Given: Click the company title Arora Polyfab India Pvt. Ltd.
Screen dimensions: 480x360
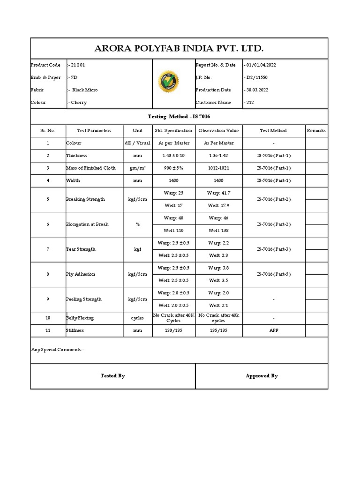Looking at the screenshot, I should coord(180,48).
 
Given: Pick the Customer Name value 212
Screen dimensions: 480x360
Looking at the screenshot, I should coord(249,102).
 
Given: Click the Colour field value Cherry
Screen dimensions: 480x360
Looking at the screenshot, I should coord(77,102).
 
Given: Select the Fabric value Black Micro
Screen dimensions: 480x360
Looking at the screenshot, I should coord(83,90).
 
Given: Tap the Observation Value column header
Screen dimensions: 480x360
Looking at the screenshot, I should coord(218,130).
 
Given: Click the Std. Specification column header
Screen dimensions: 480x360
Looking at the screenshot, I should coord(174,130).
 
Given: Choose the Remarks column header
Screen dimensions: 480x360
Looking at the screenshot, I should coord(316,130).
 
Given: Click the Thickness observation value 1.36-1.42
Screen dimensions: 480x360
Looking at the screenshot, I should coord(218,155).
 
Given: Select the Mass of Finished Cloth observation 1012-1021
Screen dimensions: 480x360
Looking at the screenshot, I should coord(218,168).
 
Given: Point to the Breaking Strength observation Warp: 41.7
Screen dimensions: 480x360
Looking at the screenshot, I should coord(218,193).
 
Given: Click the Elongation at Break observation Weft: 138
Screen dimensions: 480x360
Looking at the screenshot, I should coord(218,230).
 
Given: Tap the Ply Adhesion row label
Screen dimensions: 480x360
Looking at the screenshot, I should coord(80,274).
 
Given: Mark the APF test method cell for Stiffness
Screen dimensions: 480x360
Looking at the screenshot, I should coord(273,330).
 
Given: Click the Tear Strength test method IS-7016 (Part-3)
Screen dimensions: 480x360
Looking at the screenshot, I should coord(273,249).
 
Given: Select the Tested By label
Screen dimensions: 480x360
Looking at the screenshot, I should coord(112,375).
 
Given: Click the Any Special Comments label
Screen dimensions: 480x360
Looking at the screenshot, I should coord(58,349).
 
